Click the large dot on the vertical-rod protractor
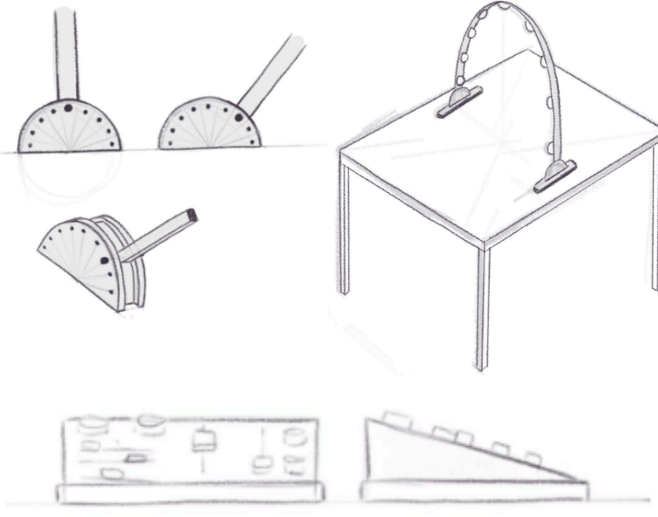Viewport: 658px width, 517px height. point(68,107)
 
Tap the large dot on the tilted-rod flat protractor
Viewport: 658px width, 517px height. point(238,117)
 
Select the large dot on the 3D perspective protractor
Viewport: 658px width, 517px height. point(105,261)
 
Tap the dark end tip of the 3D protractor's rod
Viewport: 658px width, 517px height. point(192,214)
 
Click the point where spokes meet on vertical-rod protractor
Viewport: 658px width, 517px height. point(68,148)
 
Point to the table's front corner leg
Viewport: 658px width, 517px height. point(483,306)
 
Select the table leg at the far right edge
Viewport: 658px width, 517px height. point(653,220)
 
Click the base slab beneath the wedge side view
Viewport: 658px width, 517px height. point(474,490)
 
